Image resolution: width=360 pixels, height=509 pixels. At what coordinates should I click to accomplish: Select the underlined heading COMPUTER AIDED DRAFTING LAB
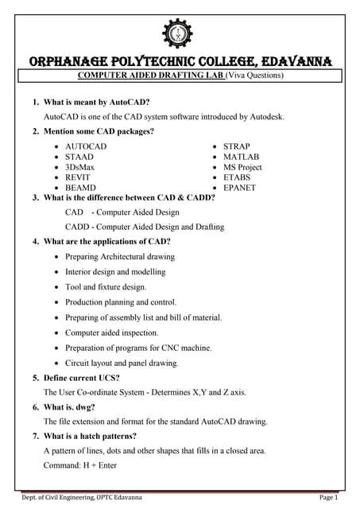point(152,76)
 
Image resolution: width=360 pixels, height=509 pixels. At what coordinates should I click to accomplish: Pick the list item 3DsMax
point(80,168)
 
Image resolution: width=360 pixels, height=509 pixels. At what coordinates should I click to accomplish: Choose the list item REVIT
point(78,178)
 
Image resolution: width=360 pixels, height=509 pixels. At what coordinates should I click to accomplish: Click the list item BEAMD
point(80,188)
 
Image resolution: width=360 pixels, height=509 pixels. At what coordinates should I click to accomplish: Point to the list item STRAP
point(237,147)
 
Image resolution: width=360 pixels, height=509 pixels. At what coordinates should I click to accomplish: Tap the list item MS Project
point(246,168)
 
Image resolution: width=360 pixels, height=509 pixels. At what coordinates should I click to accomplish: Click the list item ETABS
point(238,178)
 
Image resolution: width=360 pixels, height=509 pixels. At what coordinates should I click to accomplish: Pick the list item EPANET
point(241,188)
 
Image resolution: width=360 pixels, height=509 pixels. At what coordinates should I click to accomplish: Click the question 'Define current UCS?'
point(87,377)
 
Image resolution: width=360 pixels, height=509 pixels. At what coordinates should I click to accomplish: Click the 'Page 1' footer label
point(328,497)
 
